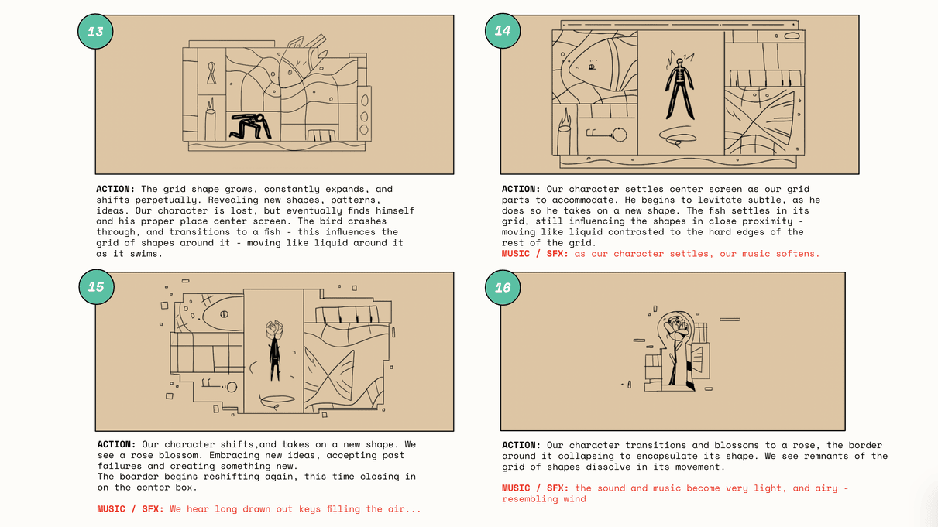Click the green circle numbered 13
coord(95,32)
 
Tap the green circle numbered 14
coord(503,30)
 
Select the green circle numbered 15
coord(96,287)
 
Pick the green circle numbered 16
coord(503,287)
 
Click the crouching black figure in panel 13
coord(250,126)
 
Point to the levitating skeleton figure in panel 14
coord(679,89)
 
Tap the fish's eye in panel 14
coord(592,67)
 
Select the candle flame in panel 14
coord(565,118)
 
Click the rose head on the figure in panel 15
coord(274,330)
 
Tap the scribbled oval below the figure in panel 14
coord(678,137)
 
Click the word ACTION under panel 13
coord(115,189)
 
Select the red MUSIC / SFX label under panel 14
coord(535,254)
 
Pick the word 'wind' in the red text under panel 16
coord(575,499)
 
